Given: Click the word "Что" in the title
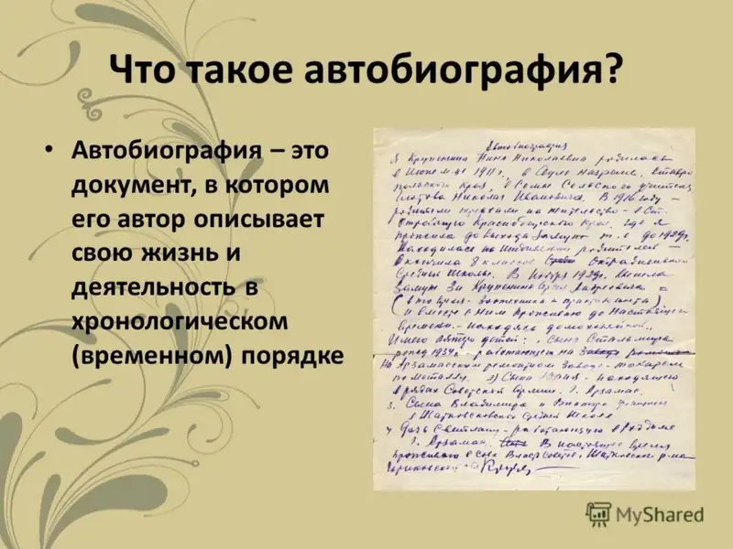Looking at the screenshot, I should pyautogui.click(x=148, y=69).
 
